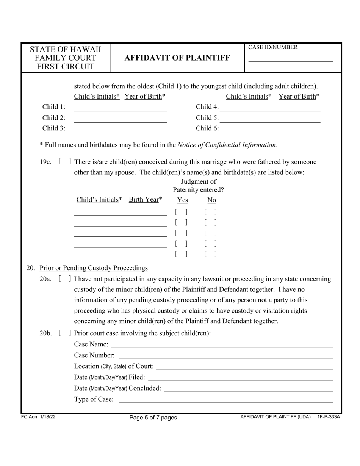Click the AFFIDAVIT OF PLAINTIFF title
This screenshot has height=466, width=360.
point(177,58)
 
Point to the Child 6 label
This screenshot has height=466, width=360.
point(207,128)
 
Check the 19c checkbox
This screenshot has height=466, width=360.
point(65,162)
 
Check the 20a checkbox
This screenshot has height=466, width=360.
point(65,279)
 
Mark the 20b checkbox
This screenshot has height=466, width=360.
point(65,333)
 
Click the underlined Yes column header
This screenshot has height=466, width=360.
point(182,200)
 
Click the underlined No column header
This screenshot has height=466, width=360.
point(211,200)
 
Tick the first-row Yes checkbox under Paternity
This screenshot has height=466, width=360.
point(182,212)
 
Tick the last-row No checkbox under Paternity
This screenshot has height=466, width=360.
point(210,255)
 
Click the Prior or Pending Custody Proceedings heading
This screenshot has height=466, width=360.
point(94,268)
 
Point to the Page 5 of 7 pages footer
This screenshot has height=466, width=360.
point(153,418)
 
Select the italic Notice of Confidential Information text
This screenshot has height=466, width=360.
point(227,145)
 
